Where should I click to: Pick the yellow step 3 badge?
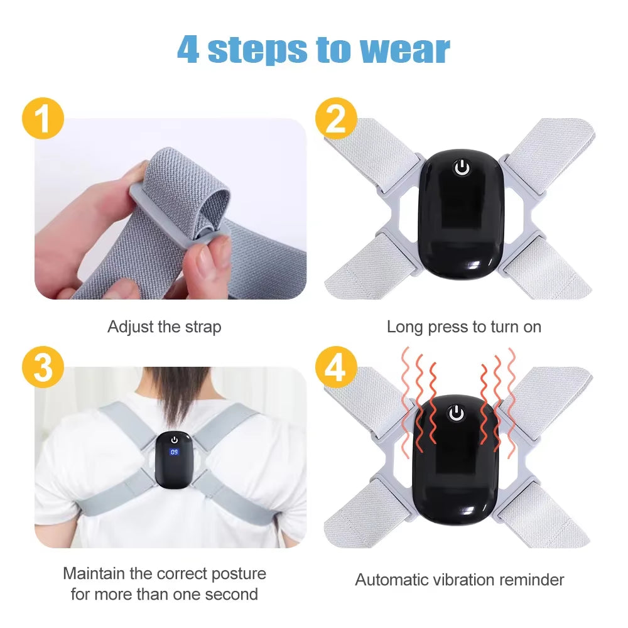pos(43,367)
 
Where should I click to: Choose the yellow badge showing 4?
pos(336,367)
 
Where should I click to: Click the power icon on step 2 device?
pos(462,168)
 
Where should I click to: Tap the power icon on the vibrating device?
pos(456,413)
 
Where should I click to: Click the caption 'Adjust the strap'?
pos(164,327)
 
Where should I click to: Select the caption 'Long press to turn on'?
pos(463,327)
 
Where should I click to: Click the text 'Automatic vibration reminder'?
pos(460,580)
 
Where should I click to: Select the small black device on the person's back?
pos(174,458)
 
